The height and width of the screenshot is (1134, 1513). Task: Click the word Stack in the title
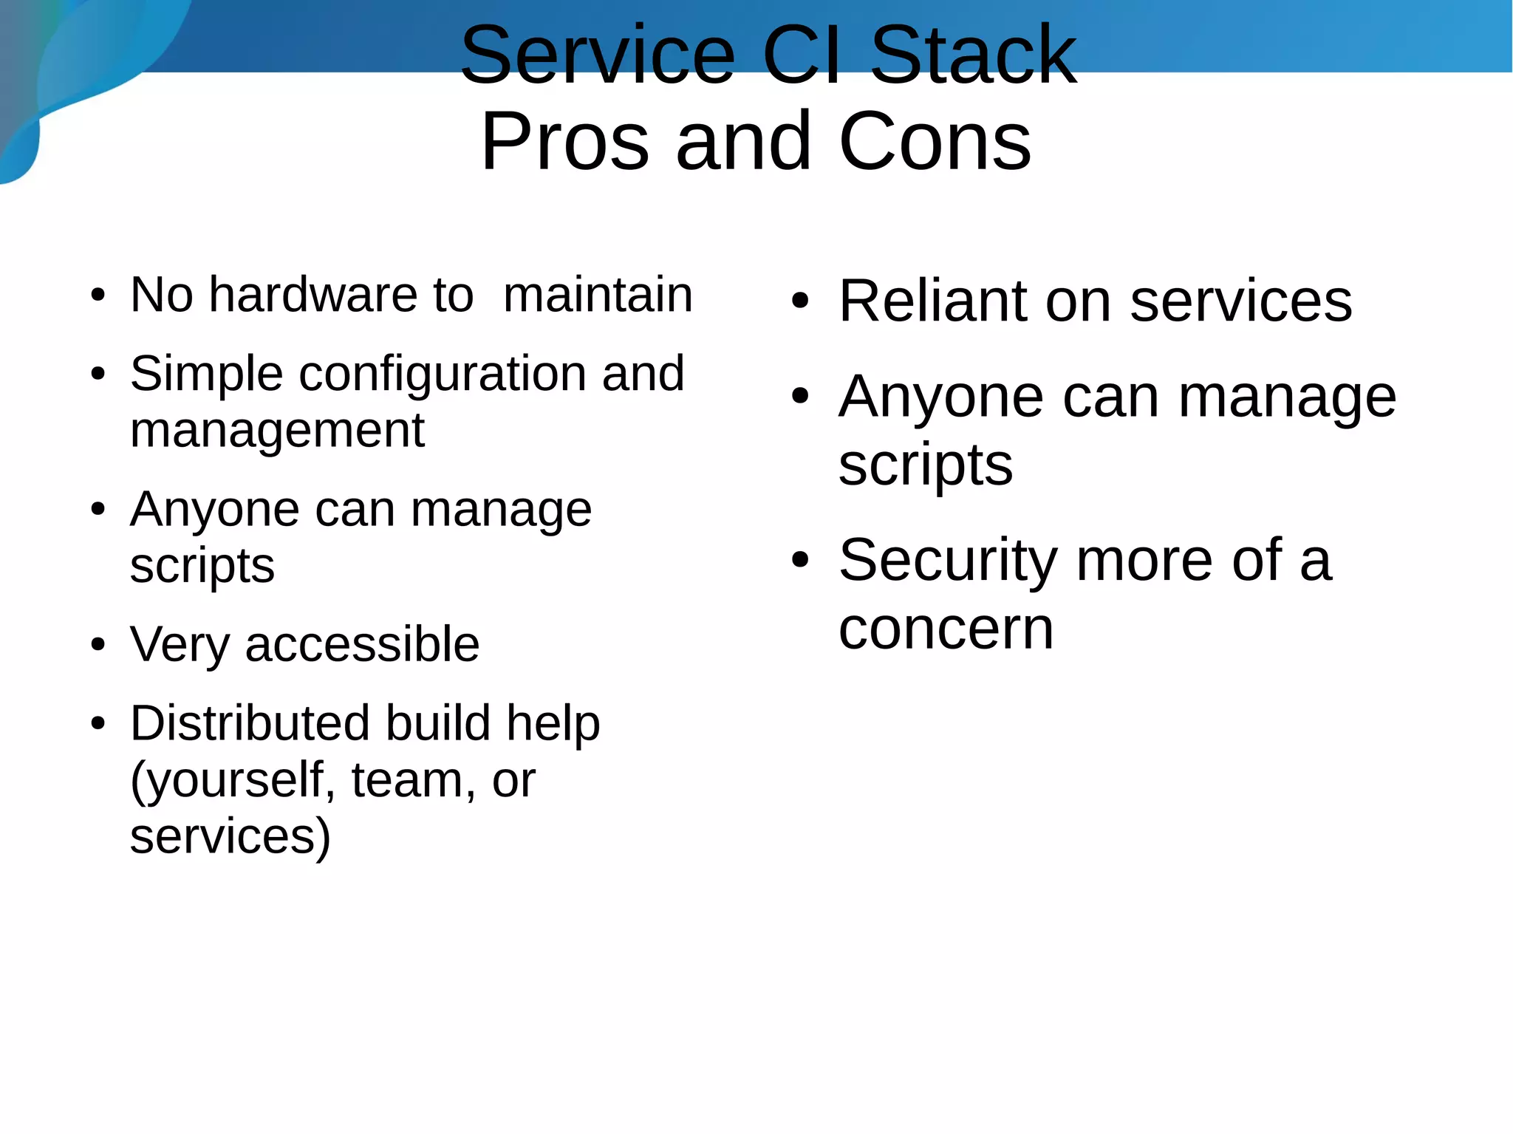(973, 55)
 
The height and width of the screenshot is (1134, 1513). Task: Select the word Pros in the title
(565, 141)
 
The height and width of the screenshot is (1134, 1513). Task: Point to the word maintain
(598, 295)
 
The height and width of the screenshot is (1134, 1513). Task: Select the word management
(277, 431)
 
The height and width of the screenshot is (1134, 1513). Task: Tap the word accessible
(362, 644)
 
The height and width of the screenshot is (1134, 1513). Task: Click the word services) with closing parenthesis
(230, 837)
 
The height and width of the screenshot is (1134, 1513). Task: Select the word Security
(949, 561)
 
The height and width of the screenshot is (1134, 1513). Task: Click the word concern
(946, 629)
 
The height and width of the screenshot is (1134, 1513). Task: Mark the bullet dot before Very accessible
(98, 645)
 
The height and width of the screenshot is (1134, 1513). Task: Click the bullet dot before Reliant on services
(800, 301)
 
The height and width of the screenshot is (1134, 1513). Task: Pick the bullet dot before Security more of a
(800, 561)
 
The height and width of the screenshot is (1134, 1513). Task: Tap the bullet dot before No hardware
(98, 296)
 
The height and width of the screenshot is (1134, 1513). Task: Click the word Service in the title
(598, 55)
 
